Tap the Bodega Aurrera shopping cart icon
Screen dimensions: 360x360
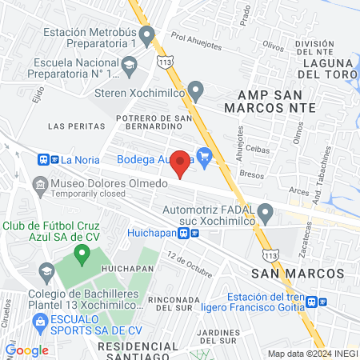[x=205, y=157]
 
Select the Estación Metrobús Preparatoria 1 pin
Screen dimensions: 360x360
[x=146, y=36]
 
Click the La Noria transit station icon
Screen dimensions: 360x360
[x=43, y=158]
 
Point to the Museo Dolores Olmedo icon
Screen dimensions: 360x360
[x=39, y=185]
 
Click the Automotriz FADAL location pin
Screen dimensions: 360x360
[x=266, y=212]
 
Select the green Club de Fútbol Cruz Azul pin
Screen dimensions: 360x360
[x=81, y=255]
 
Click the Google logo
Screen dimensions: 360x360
[x=27, y=350]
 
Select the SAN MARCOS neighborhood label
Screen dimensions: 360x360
[x=298, y=274]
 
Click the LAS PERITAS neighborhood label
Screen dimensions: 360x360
[x=77, y=126]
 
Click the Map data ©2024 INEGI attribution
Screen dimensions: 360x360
[x=313, y=354]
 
